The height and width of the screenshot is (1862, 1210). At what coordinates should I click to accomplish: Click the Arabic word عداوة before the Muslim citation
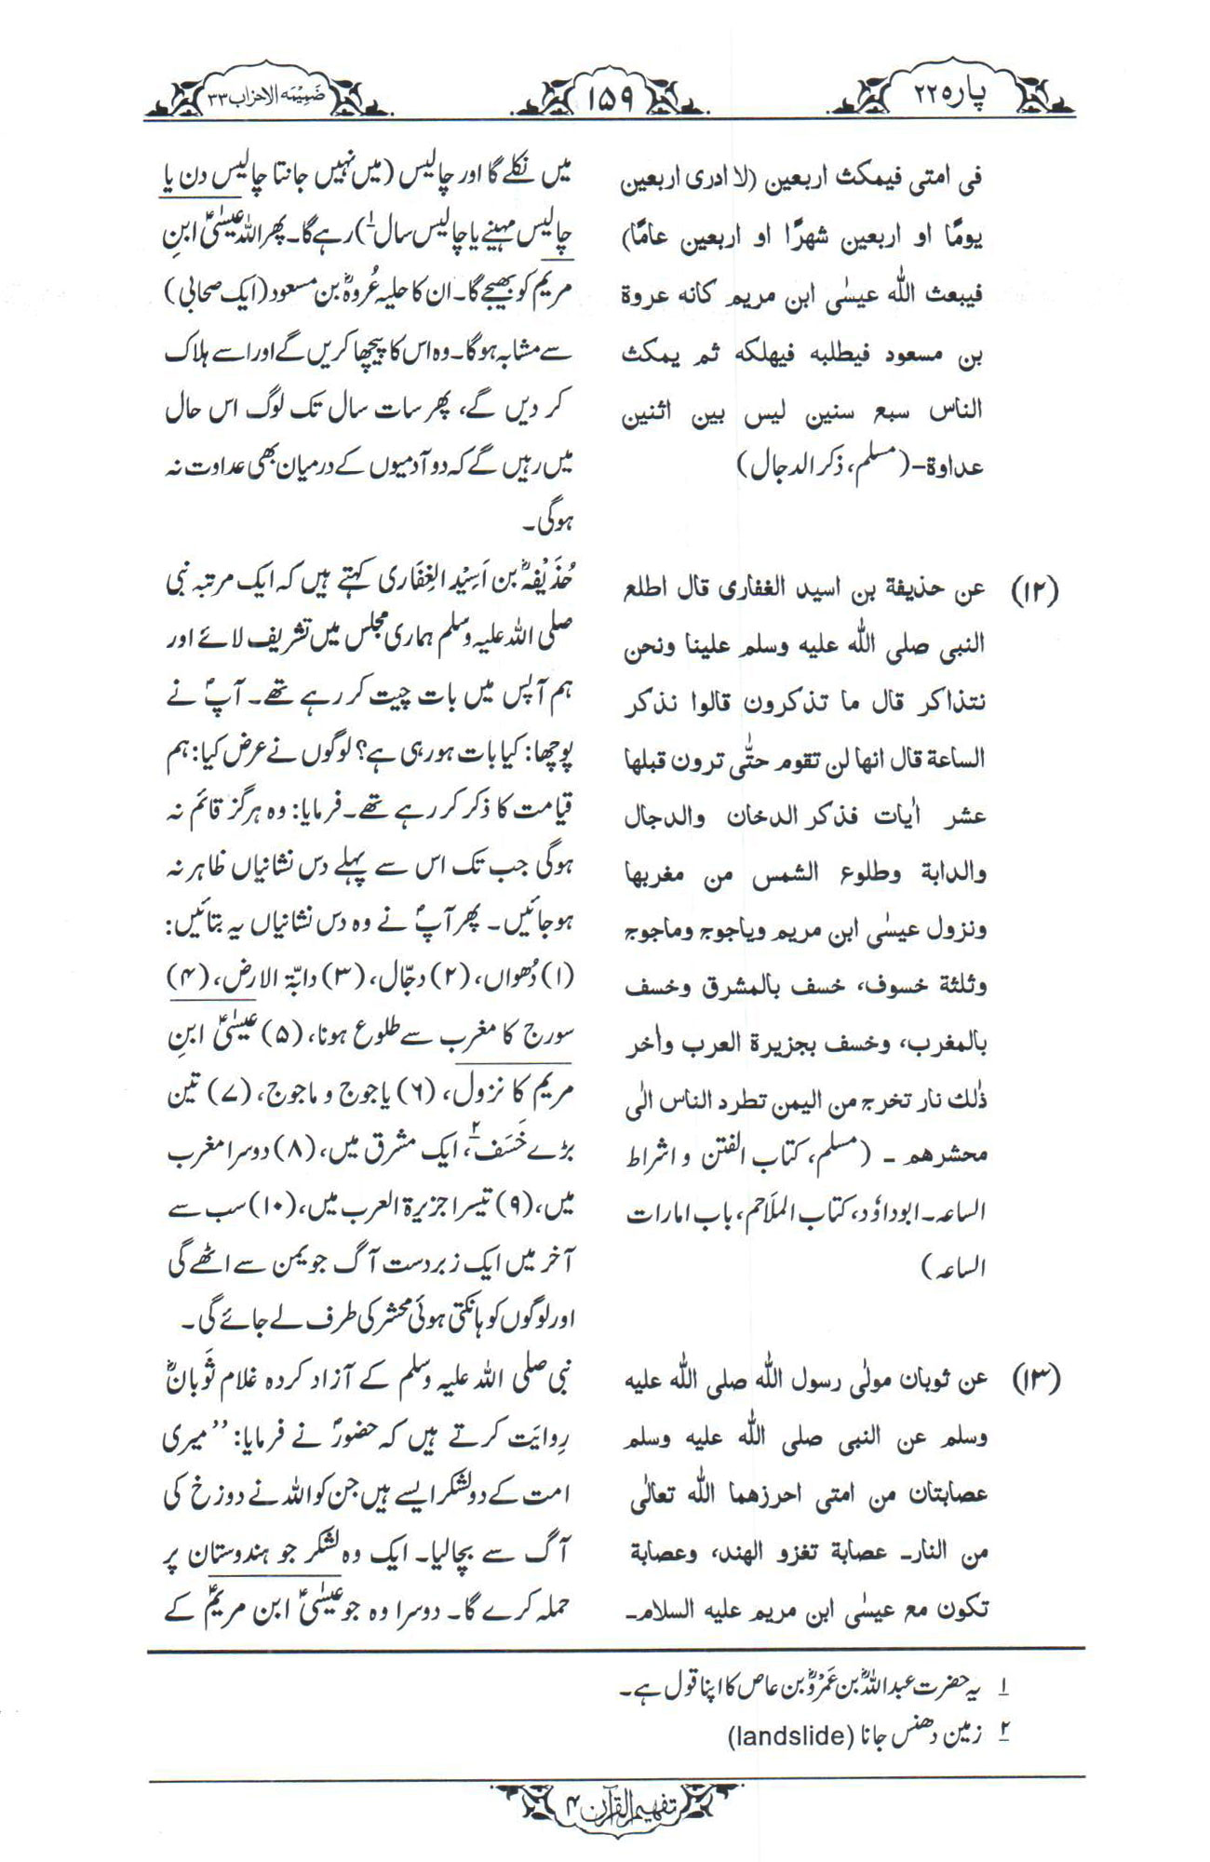click(955, 467)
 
